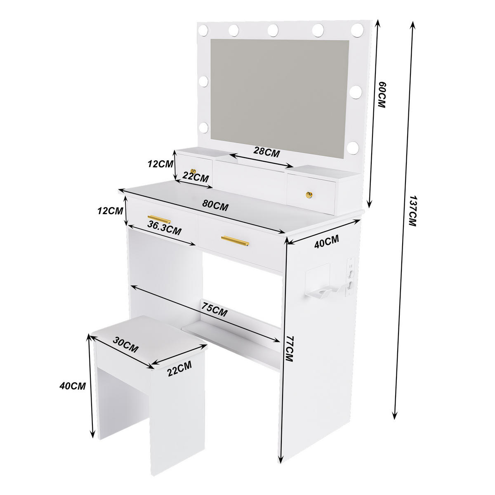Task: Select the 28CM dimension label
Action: (x=266, y=151)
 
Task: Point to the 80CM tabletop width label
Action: (x=215, y=205)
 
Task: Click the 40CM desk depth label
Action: (x=326, y=241)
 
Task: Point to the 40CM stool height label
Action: (x=73, y=386)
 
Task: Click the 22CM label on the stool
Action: (x=179, y=368)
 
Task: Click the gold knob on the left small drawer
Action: (x=193, y=171)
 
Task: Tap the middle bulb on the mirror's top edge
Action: (x=273, y=30)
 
